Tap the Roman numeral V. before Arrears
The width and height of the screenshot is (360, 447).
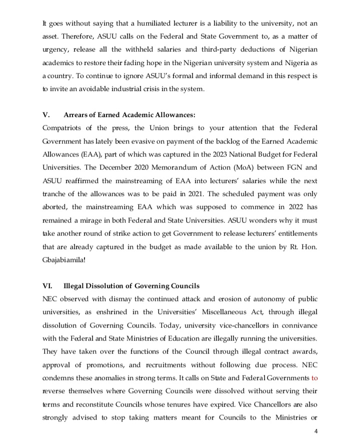coord(46,114)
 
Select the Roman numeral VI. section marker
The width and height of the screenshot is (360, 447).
coord(47,286)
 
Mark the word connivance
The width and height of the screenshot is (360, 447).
coord(298,325)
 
